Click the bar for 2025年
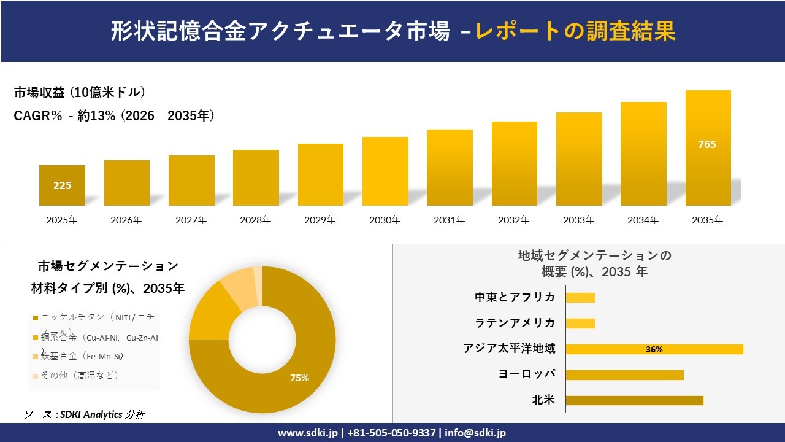pyautogui.click(x=62, y=185)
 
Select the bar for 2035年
pyautogui.click(x=708, y=148)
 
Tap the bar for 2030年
pyautogui.click(x=385, y=171)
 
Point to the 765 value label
pyautogui.click(x=707, y=144)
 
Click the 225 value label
pyautogui.click(x=62, y=185)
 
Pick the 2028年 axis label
pyautogui.click(x=255, y=220)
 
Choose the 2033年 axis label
pyautogui.click(x=578, y=220)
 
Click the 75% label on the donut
pyautogui.click(x=299, y=378)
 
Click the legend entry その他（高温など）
pyautogui.click(x=79, y=375)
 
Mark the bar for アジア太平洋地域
pyautogui.click(x=654, y=349)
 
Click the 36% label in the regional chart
pyautogui.click(x=654, y=349)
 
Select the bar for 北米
pyautogui.click(x=634, y=400)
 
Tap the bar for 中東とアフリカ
pyautogui.click(x=580, y=298)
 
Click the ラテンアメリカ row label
pyautogui.click(x=515, y=323)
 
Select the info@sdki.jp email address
pyautogui.click(x=475, y=433)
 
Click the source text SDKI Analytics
pyautogui.click(x=92, y=414)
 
